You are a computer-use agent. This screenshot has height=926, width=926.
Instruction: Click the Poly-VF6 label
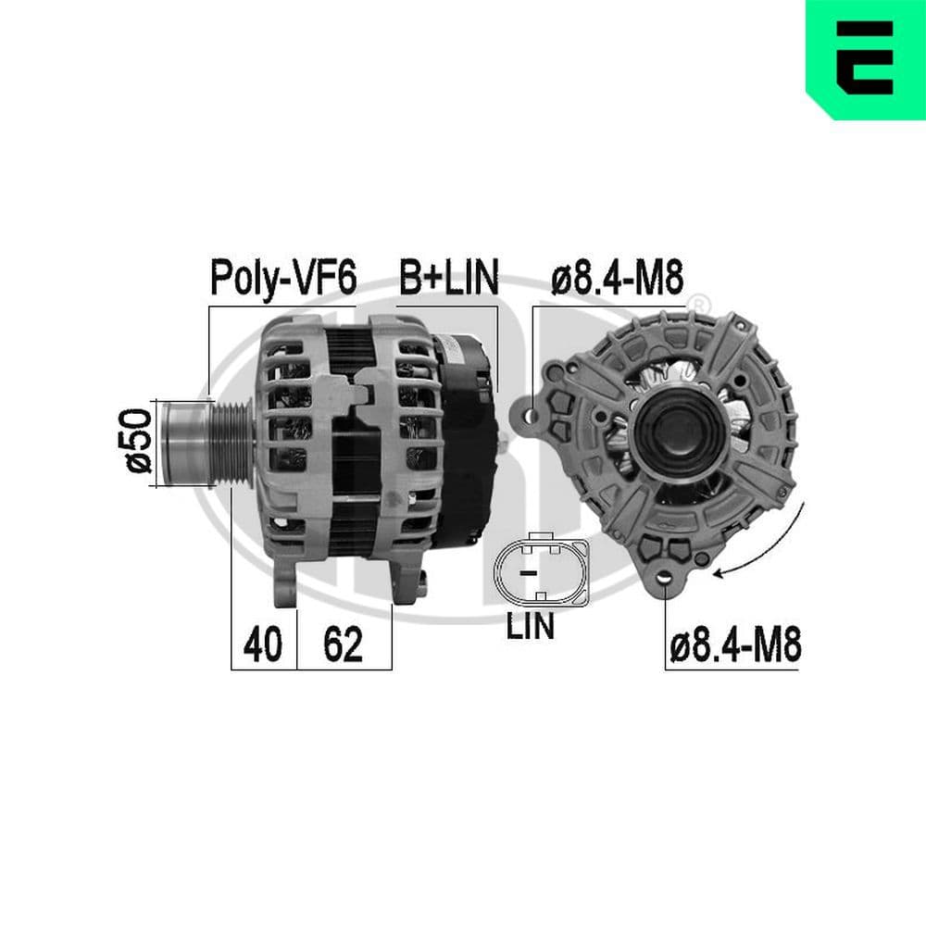pos(283,277)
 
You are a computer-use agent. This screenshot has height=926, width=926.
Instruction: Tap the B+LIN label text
pos(449,277)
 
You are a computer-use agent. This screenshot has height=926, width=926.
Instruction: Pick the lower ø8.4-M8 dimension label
pos(733,644)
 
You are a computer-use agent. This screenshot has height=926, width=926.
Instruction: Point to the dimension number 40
pos(262,644)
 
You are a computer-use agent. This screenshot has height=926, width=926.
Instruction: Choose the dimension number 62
pos(343,644)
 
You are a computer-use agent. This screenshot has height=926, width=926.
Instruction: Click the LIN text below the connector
pos(530,626)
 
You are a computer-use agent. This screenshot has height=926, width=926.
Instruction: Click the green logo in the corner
pos(865,59)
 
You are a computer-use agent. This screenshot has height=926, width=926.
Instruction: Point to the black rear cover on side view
pos(467,435)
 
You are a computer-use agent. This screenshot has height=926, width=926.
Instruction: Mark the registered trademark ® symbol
pos(701,303)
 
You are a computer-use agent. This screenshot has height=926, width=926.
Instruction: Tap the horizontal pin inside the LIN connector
pos(529,574)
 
